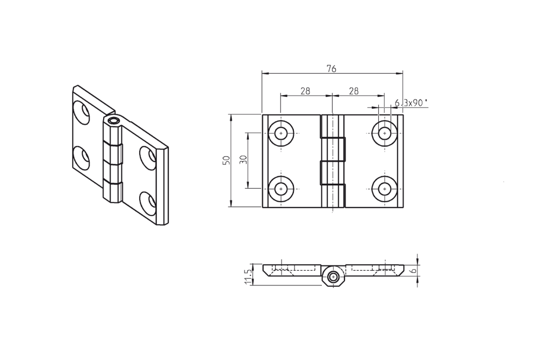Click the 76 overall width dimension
point(332,68)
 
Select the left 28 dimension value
point(305,91)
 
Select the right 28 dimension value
point(354,91)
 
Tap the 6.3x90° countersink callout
point(411,103)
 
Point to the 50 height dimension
point(226,160)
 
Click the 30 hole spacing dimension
point(243,160)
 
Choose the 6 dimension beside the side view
point(413,271)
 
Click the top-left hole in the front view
point(281,133)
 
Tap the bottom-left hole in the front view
point(281,189)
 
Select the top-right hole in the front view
point(384,133)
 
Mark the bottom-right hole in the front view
point(384,189)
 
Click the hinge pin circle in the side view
point(333,277)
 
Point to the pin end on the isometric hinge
point(113,121)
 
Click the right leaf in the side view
point(373,269)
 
